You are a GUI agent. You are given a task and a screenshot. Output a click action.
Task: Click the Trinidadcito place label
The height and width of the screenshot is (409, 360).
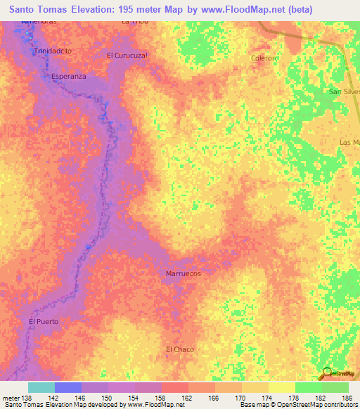[x=53, y=52]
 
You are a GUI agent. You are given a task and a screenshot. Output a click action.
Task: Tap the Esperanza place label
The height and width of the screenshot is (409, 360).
[x=68, y=77]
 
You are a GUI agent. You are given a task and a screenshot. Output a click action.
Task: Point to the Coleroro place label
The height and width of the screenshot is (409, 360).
[x=265, y=58]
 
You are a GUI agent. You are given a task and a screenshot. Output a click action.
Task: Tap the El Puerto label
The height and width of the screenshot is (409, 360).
[x=44, y=321]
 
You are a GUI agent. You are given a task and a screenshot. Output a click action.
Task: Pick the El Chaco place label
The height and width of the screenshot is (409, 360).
[x=179, y=349]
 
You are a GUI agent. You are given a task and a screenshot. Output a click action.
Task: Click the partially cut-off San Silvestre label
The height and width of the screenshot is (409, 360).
[x=345, y=92]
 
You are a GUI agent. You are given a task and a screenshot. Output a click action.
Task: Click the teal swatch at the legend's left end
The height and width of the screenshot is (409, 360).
[x=41, y=387]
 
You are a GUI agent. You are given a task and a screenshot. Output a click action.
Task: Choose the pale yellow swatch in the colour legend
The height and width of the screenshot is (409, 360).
[x=282, y=387]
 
